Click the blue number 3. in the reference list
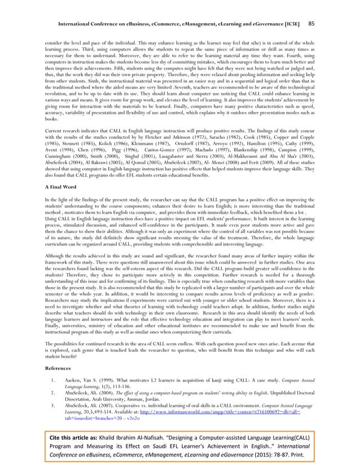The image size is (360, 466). (52, 405)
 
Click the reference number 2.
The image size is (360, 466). (52, 392)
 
